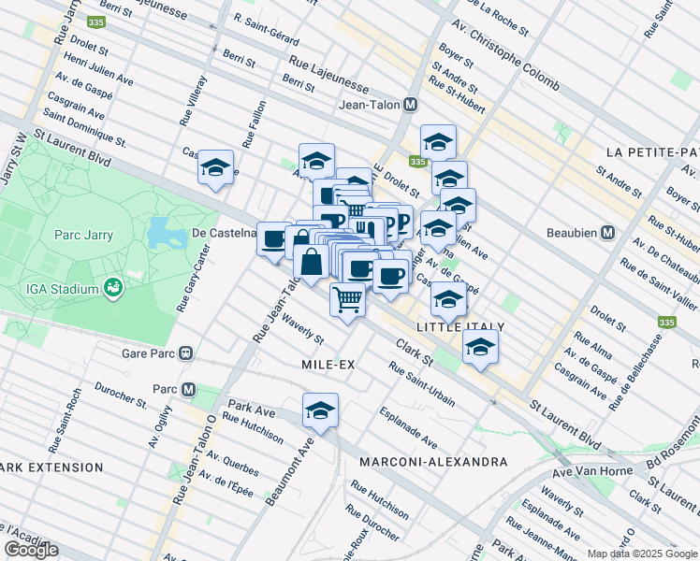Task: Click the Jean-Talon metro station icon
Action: [410, 107]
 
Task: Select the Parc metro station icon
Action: [189, 389]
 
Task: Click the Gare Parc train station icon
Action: [186, 353]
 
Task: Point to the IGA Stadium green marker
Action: [113, 286]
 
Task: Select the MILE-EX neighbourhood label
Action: [328, 364]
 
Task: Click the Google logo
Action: [32, 550]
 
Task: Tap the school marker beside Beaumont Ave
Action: [320, 410]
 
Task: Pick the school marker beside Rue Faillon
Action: [215, 167]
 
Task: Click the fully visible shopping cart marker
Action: [348, 300]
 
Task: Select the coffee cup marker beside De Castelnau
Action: [274, 240]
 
